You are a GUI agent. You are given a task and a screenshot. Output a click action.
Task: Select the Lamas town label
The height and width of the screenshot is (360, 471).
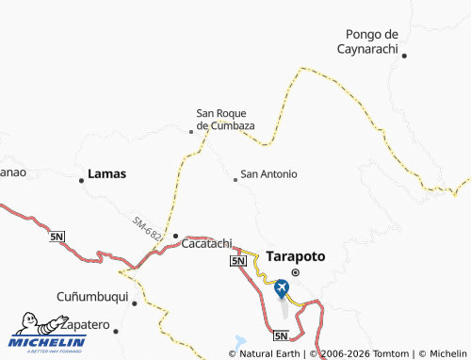(106, 174)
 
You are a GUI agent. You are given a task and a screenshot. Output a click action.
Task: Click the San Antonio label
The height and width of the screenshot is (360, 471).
(269, 174)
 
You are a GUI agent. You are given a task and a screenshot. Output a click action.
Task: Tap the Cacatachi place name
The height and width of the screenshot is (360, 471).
(206, 242)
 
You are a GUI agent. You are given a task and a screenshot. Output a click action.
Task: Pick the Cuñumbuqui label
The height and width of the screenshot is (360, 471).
(92, 294)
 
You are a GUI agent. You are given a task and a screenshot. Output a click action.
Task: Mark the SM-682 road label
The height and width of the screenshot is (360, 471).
(146, 228)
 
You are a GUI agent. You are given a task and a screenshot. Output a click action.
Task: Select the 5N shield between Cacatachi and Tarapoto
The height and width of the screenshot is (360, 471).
(238, 260)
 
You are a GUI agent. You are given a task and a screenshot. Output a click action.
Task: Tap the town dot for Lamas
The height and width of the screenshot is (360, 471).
(81, 180)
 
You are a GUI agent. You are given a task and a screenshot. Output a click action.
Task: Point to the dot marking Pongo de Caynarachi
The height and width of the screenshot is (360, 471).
(404, 56)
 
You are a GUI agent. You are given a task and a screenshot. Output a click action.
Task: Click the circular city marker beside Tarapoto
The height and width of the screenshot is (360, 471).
(295, 272)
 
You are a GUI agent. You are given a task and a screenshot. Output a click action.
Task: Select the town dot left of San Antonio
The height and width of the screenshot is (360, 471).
(235, 179)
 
